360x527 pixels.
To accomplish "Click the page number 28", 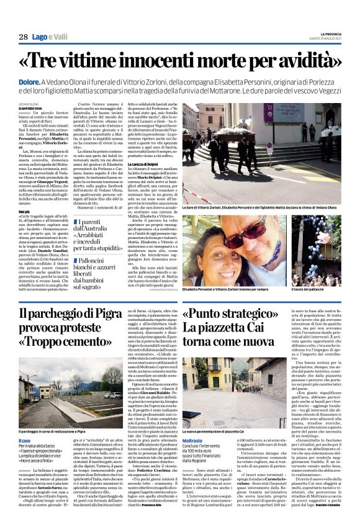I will [x=22, y=37].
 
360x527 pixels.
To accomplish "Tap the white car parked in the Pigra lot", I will [x=113, y=395].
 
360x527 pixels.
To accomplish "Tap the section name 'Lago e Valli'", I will [x=49, y=38].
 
